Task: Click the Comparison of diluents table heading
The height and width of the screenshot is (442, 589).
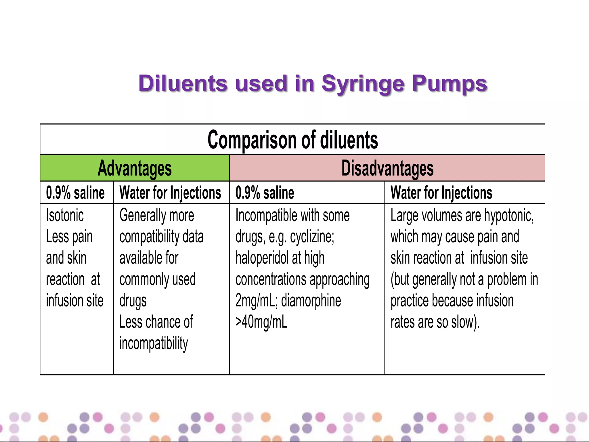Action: click(x=292, y=140)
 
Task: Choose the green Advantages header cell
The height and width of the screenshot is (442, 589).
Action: click(x=135, y=168)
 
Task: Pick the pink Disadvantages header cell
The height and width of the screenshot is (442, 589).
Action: click(x=387, y=168)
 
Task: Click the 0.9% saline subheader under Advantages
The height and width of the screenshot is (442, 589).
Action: click(x=75, y=193)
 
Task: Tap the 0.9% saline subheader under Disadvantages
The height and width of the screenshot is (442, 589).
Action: click(x=265, y=193)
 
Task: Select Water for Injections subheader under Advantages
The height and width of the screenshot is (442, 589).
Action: click(x=170, y=193)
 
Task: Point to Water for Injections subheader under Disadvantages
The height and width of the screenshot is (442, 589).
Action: click(x=441, y=193)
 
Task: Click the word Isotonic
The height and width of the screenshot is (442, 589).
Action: click(x=65, y=215)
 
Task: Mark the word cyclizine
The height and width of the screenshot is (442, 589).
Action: click(x=312, y=237)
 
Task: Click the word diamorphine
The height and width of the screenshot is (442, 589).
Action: click(x=311, y=301)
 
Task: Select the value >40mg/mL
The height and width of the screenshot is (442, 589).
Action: click(x=261, y=322)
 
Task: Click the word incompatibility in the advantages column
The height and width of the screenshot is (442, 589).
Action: click(x=154, y=343)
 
